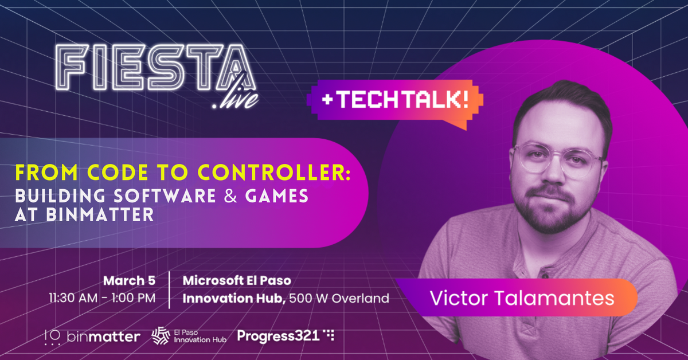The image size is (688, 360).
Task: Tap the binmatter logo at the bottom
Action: click(92, 336)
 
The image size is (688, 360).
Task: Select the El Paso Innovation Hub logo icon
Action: click(161, 336)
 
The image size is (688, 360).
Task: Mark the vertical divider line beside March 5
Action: click(170, 290)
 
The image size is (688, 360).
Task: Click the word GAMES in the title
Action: click(276, 196)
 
